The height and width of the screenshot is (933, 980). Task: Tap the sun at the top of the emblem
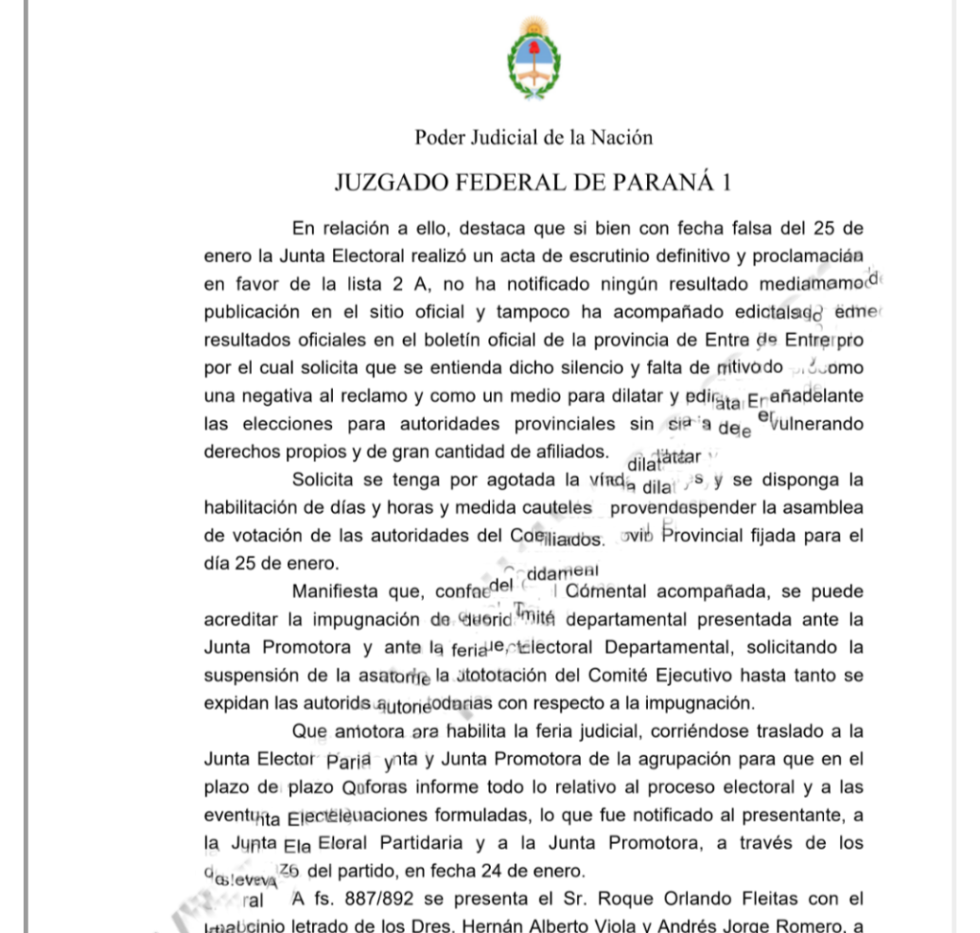click(534, 26)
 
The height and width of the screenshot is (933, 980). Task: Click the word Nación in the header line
click(621, 137)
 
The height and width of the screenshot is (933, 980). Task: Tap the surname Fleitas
click(776, 900)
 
